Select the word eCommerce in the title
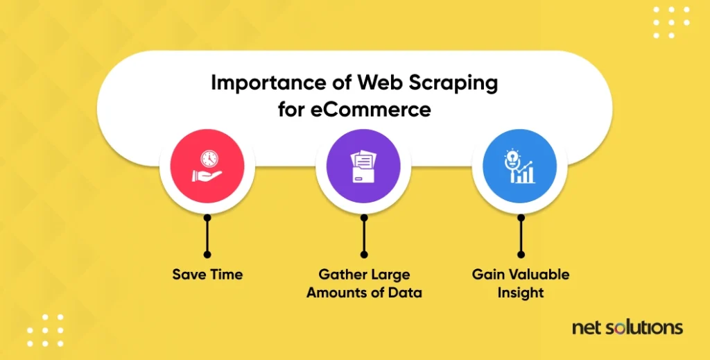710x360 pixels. [371, 109]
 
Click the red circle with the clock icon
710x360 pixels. [207, 166]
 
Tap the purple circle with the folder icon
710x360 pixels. [363, 166]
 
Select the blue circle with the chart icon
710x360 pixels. [519, 166]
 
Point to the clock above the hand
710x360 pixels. [209, 158]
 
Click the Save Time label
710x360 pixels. [207, 275]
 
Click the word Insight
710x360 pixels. [521, 293]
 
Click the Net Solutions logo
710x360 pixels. [627, 327]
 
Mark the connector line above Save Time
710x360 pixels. [207, 236]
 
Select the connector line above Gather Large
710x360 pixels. [364, 236]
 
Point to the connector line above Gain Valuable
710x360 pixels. [521, 236]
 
